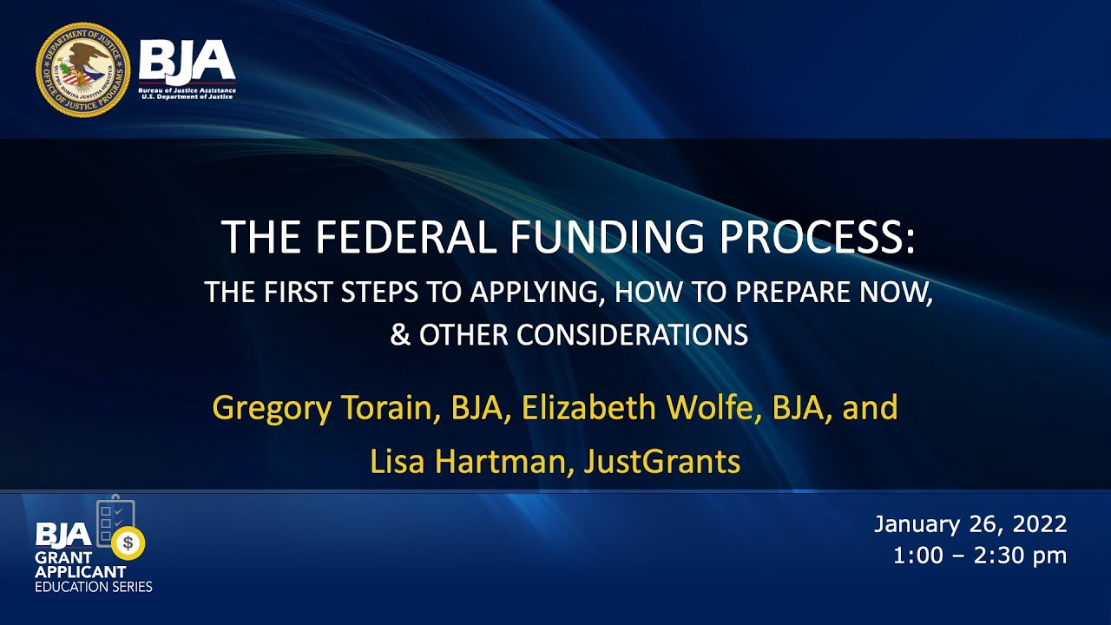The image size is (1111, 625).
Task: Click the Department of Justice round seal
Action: tap(83, 69)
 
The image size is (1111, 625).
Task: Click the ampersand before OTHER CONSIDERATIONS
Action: tap(400, 335)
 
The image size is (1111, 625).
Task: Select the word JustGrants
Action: tap(662, 462)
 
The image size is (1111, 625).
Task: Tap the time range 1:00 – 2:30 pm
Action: tap(980, 556)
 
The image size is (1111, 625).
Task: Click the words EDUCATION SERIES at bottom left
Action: tap(94, 587)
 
